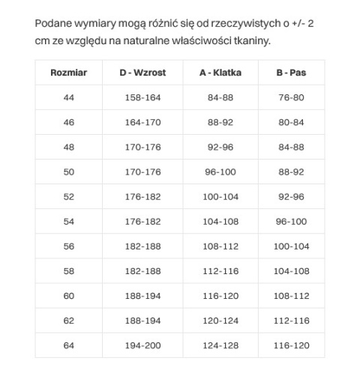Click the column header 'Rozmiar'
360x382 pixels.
coord(69,73)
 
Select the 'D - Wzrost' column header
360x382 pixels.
coord(142,73)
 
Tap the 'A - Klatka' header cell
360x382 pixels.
coord(220,73)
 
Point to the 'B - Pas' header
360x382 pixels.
coord(290,73)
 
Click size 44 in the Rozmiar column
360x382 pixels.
coord(69,98)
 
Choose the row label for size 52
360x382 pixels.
coord(69,197)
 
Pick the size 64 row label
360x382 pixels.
coord(69,345)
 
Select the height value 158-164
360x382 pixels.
coord(142,98)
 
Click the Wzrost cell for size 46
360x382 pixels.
coord(142,123)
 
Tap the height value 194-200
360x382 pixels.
coord(142,345)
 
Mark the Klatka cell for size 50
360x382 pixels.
coord(220,172)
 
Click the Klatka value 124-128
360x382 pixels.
coord(220,345)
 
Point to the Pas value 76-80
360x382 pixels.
coord(290,98)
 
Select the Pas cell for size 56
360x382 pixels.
coord(290,246)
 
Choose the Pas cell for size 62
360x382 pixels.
coord(290,321)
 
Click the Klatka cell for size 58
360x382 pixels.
coord(220,271)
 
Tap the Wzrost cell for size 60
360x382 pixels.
coord(142,296)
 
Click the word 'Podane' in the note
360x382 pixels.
coord(53,24)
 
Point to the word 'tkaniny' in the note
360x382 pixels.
coord(250,40)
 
